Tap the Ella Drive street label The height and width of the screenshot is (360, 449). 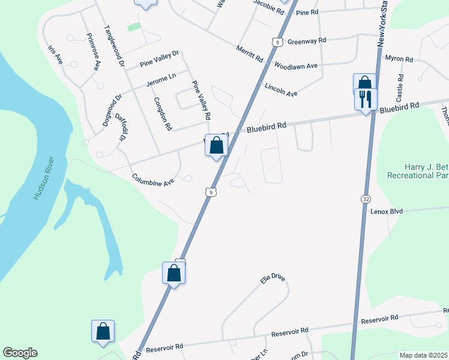tap(273, 280)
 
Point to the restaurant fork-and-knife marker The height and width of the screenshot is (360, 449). tap(366, 98)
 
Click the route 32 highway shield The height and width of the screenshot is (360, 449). tap(366, 199)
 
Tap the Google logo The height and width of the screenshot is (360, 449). tap(20, 353)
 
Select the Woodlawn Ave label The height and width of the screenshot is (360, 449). tap(295, 65)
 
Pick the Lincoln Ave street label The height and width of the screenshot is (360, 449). tap(281, 90)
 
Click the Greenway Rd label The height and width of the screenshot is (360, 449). tap(306, 41)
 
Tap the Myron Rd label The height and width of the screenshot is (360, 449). tap(399, 59)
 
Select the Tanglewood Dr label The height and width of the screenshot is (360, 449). tap(114, 46)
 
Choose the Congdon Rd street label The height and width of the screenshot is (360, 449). tap(163, 114)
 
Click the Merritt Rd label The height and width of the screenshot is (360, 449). tap(250, 53)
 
